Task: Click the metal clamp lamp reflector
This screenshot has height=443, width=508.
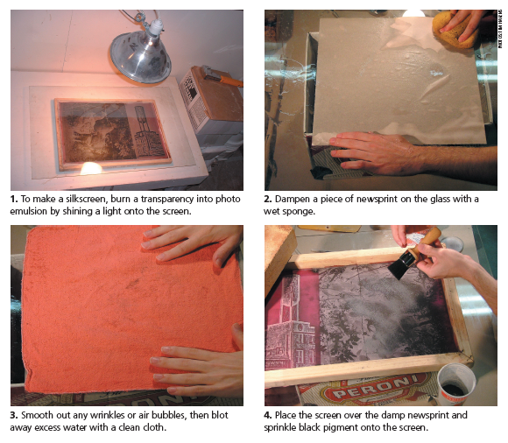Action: click(140, 58)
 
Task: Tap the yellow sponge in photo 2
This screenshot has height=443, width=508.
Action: click(455, 30)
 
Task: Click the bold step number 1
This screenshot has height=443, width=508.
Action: click(14, 199)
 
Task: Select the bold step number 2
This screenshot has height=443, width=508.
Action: click(268, 199)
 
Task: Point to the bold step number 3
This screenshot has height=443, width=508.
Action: click(14, 415)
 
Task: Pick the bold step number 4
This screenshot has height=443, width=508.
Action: click(268, 415)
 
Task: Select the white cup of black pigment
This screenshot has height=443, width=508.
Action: click(456, 383)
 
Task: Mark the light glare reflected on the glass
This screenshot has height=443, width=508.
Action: click(91, 168)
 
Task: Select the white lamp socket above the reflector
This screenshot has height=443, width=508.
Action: click(155, 27)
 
